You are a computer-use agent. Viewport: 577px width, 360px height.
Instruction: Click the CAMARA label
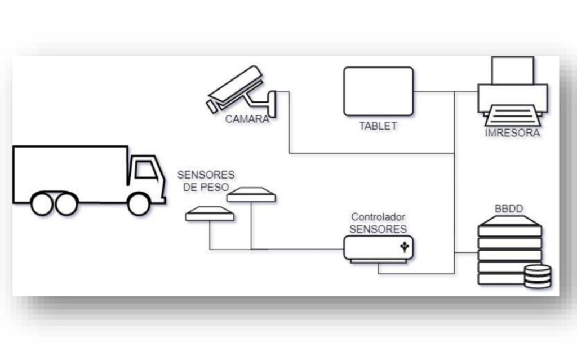tap(247, 119)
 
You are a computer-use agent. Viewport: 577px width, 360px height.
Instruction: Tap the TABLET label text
tap(378, 126)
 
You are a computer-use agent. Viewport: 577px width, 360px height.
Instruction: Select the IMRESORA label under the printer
tap(512, 133)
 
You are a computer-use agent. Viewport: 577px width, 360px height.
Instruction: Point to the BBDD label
tap(509, 209)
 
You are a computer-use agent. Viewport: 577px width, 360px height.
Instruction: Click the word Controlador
tap(378, 217)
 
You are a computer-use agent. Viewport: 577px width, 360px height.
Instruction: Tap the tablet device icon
tap(379, 92)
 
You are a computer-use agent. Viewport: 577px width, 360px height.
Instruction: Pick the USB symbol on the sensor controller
tap(404, 246)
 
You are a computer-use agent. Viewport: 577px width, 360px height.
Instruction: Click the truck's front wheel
tap(138, 204)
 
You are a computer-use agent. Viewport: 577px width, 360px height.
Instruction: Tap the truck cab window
tap(145, 170)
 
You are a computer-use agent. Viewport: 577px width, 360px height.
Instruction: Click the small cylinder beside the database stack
tap(537, 276)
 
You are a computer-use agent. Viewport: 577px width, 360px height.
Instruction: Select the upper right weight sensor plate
tap(251, 194)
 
